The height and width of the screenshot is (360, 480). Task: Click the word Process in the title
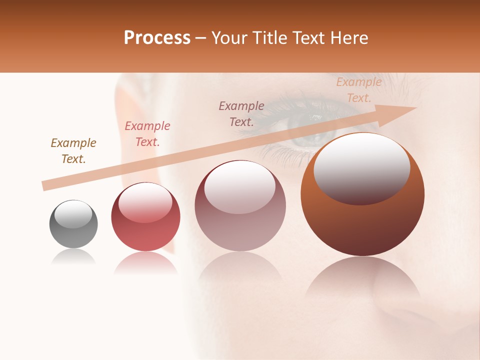[x=157, y=38]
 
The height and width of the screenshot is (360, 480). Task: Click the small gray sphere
[x=73, y=224]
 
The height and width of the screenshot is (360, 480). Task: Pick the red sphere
[x=145, y=217]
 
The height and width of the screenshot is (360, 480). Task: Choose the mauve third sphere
[x=240, y=206]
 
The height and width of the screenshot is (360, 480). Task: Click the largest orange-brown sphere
[x=362, y=195]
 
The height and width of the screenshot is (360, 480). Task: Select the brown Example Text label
[x=73, y=150]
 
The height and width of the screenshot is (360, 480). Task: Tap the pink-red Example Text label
[x=147, y=133]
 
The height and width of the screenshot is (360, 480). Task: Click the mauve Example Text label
[x=241, y=113]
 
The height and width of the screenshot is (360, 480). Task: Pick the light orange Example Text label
[x=359, y=90]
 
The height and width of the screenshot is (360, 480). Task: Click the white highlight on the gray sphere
[x=73, y=214]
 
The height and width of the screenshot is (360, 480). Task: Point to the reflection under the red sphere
[x=145, y=262]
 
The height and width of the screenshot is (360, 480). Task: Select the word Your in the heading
[x=229, y=38]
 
